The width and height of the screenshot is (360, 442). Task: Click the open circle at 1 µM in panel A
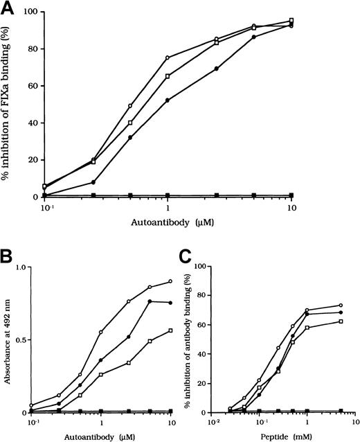[x=168, y=58]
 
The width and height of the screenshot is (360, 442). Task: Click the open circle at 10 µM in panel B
[x=170, y=281]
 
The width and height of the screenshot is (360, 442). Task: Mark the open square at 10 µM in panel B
[x=170, y=330]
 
